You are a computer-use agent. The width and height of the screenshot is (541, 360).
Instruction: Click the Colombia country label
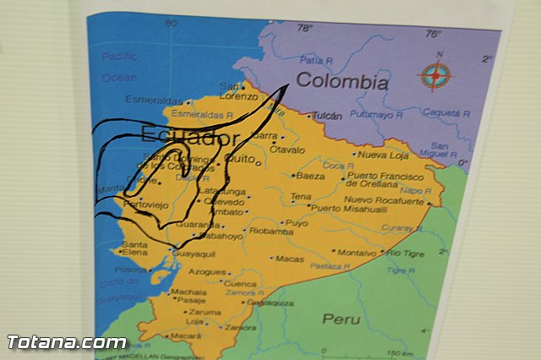pos(342,83)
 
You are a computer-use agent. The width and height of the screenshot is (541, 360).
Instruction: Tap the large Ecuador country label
pos(190,138)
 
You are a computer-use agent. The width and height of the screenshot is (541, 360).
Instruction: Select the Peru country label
pos(341,319)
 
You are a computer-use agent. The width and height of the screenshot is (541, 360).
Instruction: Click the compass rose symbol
pos(434,76)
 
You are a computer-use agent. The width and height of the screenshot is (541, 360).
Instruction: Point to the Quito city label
pos(240,157)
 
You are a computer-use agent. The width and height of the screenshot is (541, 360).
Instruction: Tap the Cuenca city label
pos(240,285)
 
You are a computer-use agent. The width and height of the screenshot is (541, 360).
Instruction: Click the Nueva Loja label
pos(382,155)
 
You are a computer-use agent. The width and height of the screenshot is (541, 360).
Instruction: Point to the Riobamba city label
pos(272,230)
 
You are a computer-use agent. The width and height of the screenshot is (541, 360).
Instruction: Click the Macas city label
pos(289,259)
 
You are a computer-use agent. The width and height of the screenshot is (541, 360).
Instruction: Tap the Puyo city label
pos(296,223)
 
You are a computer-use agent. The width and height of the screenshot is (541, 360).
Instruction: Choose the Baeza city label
pos(310,176)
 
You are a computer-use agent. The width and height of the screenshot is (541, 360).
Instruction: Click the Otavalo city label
pos(287,150)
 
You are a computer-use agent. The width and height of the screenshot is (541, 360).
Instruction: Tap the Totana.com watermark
pos(67,342)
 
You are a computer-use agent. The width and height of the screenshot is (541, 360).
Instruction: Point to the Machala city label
pos(188,292)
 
